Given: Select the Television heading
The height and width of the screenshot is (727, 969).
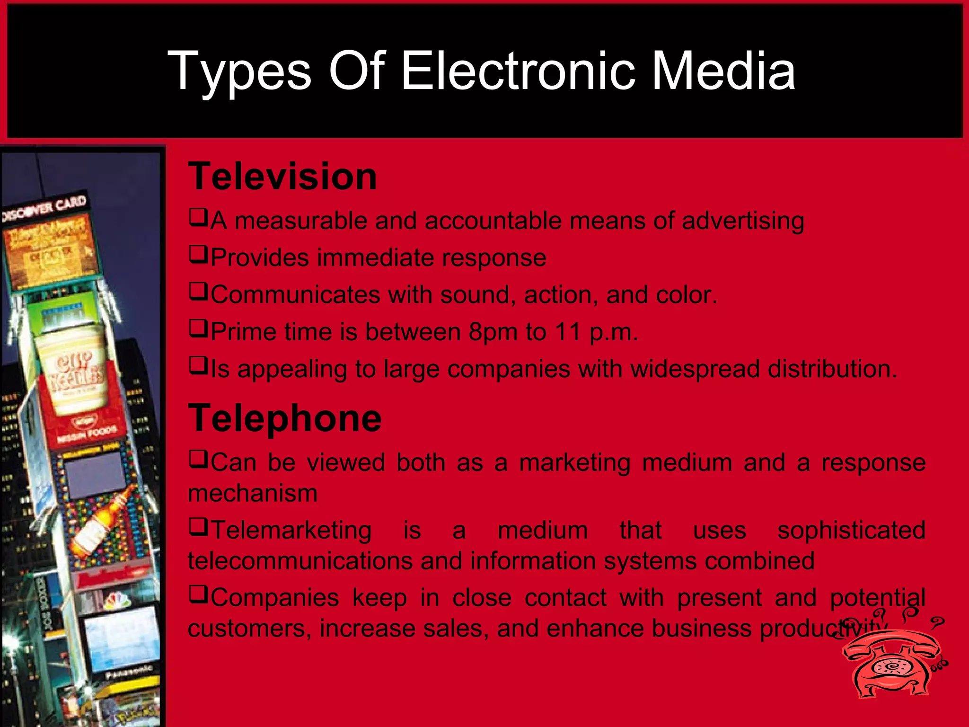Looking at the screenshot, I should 282,176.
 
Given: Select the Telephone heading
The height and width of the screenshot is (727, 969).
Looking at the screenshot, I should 285,418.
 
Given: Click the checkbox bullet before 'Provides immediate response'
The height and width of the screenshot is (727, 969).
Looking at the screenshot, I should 198,255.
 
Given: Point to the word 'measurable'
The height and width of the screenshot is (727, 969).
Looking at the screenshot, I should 301,221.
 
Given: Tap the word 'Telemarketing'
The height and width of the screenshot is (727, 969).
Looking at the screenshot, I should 291,530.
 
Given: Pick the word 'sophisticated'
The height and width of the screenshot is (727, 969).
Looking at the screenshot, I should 851,530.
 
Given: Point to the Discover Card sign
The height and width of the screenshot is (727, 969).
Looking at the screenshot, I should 45,208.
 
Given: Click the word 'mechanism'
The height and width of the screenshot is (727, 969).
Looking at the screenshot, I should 253,493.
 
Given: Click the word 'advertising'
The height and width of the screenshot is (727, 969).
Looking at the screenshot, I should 743,221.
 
